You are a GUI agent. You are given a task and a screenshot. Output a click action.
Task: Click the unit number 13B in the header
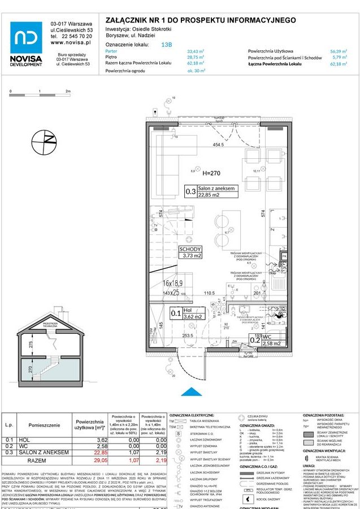tap(167, 44)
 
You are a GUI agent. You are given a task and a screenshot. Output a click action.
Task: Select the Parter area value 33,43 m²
tap(196, 51)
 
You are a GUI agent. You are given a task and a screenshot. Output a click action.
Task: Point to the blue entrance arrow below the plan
tap(193, 391)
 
